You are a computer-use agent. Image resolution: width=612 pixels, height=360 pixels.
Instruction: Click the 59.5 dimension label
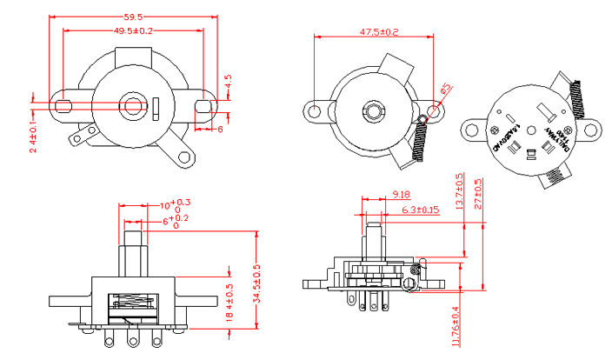tap(133, 17)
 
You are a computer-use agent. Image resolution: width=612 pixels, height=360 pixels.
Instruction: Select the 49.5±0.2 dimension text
tap(134, 30)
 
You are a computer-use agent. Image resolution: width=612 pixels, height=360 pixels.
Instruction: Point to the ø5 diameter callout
tap(444, 89)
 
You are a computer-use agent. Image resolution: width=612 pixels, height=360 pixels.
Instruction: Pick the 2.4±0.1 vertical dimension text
tap(32, 137)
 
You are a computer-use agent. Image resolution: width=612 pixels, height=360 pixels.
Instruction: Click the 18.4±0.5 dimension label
tap(229, 299)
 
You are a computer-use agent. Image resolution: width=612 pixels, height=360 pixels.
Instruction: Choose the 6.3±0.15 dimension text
tap(420, 210)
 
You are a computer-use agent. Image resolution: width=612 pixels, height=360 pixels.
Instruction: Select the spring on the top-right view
tap(576, 95)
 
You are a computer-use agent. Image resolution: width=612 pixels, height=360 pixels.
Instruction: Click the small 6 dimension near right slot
tap(219, 129)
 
